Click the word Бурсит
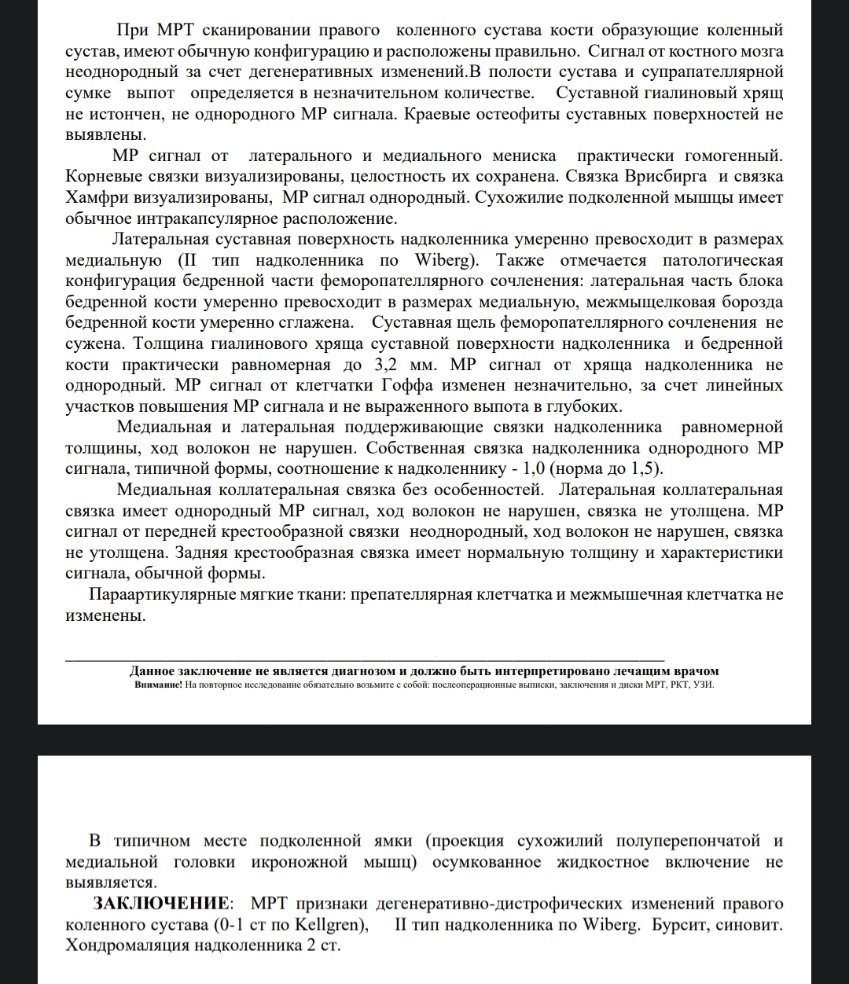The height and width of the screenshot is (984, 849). coord(680,924)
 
